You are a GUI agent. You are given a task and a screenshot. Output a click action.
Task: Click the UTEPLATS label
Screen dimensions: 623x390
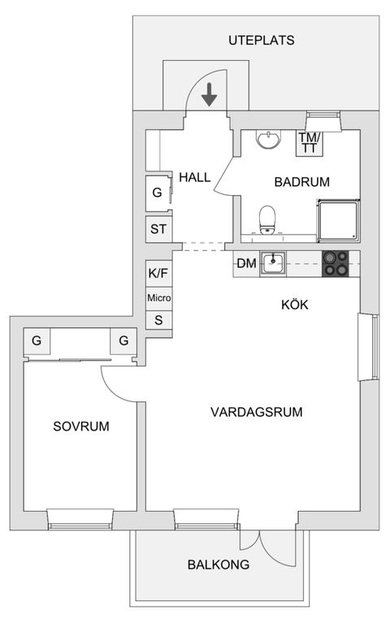point(260,40)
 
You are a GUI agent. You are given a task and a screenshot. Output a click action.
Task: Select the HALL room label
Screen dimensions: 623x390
point(195,177)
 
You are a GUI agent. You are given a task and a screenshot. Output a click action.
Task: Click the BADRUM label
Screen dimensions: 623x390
point(301,182)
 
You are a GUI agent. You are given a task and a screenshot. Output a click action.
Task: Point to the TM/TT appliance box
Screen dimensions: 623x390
point(310,142)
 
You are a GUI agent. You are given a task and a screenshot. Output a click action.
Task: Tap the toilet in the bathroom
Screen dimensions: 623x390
point(266,218)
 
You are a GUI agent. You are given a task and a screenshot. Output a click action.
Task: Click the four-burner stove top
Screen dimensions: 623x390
point(340,264)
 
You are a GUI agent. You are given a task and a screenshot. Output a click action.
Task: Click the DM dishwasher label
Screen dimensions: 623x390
point(246,263)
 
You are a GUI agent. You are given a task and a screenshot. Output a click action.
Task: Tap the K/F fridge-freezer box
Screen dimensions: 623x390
point(158,273)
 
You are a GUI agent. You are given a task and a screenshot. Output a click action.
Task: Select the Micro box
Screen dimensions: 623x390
point(158,297)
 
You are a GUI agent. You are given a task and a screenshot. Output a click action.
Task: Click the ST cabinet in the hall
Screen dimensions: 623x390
point(158,229)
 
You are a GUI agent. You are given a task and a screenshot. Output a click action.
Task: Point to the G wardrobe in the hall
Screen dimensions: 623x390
point(157,193)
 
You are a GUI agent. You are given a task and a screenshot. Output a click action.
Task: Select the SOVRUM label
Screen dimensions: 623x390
point(81,426)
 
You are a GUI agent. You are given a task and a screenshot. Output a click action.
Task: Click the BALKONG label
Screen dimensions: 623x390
point(218,565)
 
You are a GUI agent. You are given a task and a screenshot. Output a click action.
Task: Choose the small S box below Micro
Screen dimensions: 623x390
point(158,320)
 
